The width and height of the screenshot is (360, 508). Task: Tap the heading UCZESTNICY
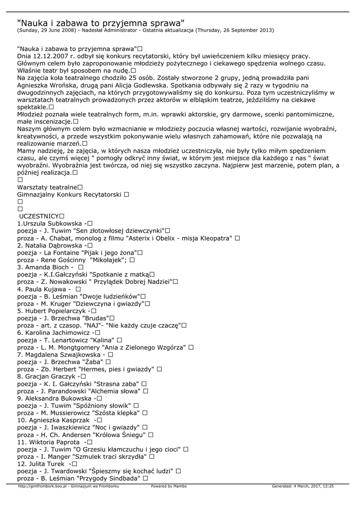coord(39,216)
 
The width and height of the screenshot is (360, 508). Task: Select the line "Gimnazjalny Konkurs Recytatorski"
coord(70,194)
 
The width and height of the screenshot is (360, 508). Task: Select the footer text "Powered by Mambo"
coord(169,486)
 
